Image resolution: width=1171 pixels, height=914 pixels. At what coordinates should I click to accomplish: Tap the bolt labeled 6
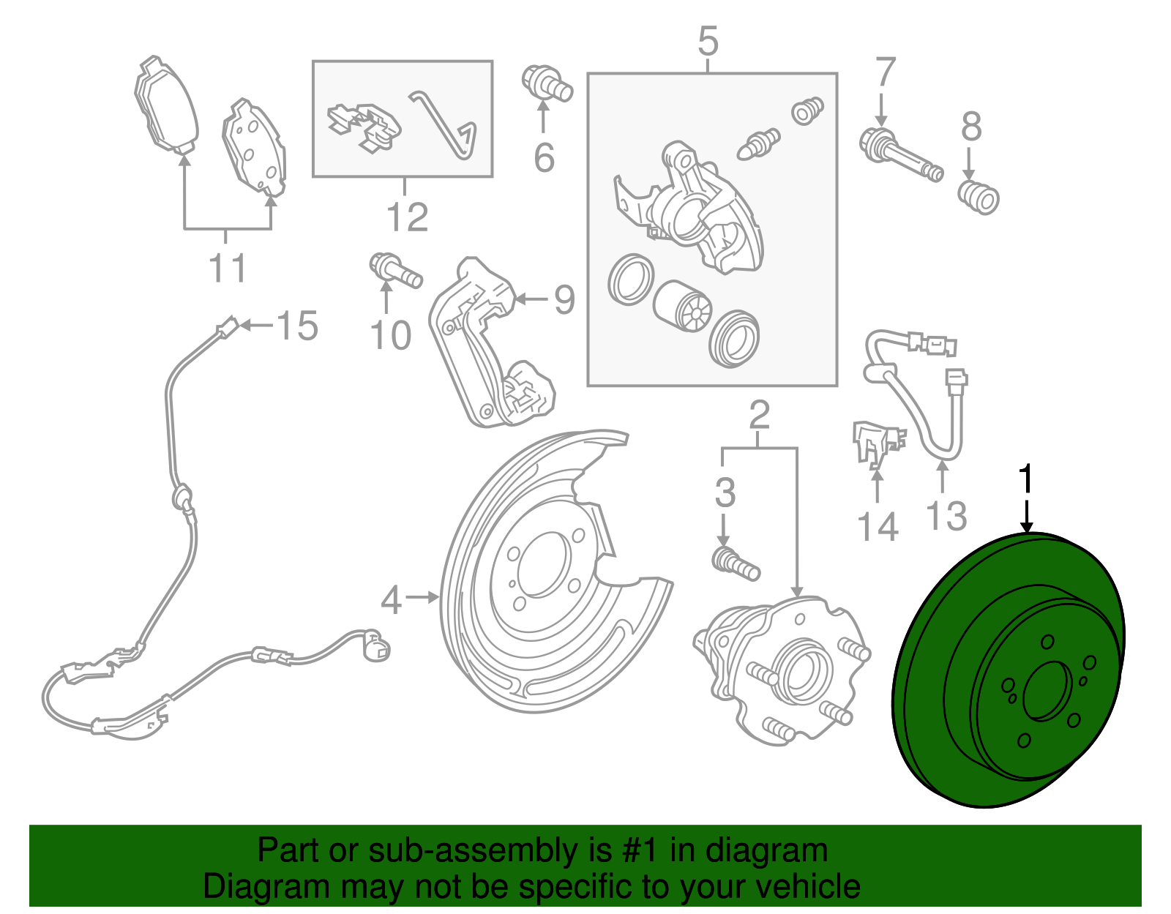click(547, 83)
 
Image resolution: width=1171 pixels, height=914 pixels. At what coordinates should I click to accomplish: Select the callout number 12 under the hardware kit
click(406, 217)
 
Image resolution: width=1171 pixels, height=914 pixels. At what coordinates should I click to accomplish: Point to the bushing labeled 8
click(979, 197)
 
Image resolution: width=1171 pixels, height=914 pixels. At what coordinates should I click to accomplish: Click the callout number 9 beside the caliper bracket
click(564, 299)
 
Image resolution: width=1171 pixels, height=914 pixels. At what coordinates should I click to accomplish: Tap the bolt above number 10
click(395, 271)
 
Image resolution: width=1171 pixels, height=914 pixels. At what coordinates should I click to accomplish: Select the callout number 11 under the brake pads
click(227, 269)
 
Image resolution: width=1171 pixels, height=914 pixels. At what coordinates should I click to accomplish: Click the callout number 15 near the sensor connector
click(297, 326)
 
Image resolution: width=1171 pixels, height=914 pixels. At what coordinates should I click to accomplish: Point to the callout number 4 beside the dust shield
click(391, 600)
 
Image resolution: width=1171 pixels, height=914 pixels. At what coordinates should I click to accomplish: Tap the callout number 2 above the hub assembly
click(759, 415)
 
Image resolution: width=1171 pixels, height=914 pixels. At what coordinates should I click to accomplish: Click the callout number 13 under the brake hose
click(946, 515)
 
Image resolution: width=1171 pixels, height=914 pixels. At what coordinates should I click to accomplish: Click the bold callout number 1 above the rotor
click(1027, 479)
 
